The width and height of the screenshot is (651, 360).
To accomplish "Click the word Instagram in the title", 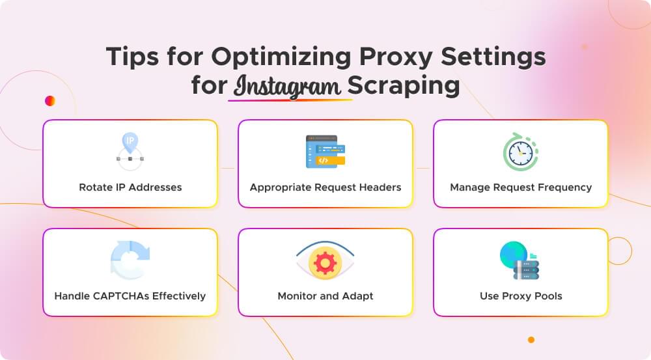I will point(289,87).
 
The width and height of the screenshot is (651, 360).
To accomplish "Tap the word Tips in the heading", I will point(133,57).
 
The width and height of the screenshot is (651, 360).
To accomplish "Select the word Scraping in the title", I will point(404,86).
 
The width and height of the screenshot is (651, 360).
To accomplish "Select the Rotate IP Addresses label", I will point(130,187).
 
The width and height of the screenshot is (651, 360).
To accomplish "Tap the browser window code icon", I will point(325,152).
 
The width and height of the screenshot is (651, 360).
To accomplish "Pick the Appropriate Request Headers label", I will point(325,187).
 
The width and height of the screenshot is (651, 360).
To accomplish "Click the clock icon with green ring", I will point(520,152).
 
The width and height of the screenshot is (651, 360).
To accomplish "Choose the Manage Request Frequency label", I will point(521,187).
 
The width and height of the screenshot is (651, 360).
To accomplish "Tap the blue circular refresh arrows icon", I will point(130,260).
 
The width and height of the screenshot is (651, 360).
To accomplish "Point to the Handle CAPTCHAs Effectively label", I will point(130,296).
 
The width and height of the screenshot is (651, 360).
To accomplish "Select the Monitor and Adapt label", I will point(325,296).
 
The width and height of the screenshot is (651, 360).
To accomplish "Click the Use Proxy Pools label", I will point(521,296).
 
